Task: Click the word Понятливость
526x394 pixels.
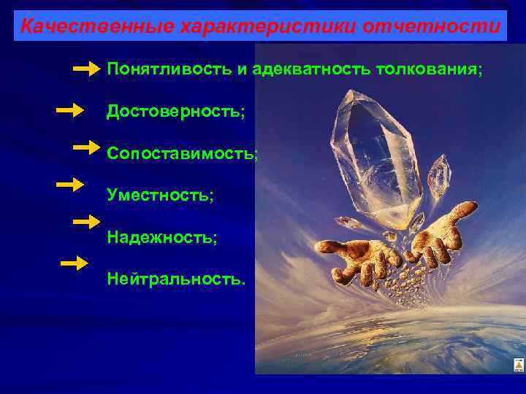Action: (x=168, y=69)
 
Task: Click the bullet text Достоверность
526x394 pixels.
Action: (x=175, y=112)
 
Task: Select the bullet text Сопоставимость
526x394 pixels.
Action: (x=182, y=154)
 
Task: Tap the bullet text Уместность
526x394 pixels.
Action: (x=160, y=196)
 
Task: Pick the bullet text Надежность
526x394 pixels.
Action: (x=161, y=238)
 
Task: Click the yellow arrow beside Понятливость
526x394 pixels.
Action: (x=86, y=69)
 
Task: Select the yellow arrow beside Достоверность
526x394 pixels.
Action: (x=70, y=111)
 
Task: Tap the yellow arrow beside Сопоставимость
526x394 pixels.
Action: (x=86, y=147)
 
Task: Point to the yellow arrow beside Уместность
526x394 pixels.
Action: (x=70, y=184)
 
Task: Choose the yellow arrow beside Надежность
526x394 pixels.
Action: (x=86, y=221)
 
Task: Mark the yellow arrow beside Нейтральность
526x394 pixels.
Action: (x=74, y=263)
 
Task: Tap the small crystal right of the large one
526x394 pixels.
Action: (x=439, y=177)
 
